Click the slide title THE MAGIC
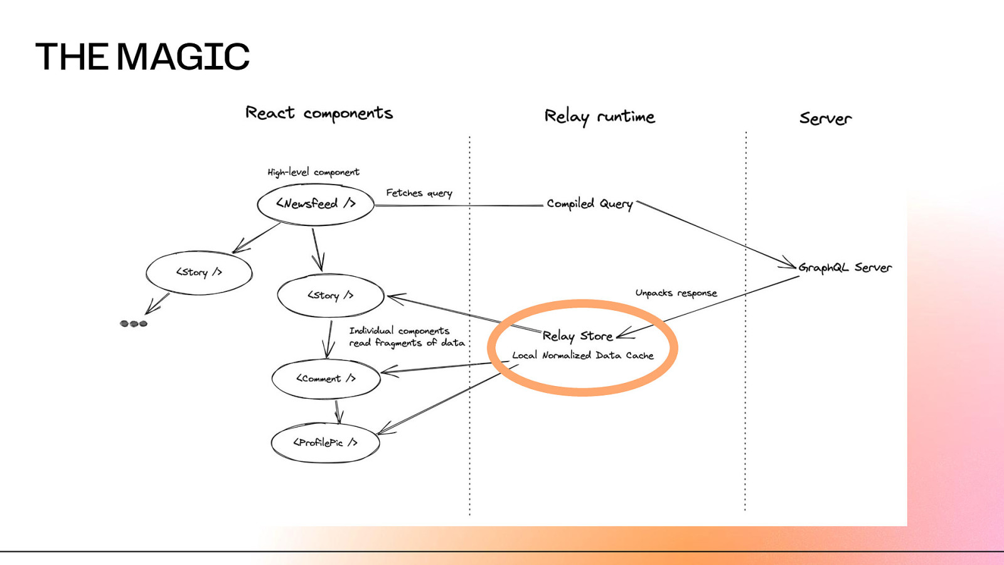click(x=142, y=56)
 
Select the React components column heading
click(x=319, y=114)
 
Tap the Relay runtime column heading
click(x=599, y=117)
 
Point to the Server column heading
click(x=825, y=119)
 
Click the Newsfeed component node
click(x=316, y=204)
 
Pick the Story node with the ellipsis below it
click(x=199, y=272)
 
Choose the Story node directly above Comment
click(x=330, y=296)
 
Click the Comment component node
click(x=326, y=379)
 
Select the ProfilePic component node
click(x=325, y=443)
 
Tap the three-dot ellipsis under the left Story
click(x=134, y=324)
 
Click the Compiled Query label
click(x=589, y=204)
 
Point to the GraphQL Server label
click(x=845, y=268)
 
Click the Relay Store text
click(x=577, y=336)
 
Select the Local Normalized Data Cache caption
click(x=582, y=355)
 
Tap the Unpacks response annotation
click(x=676, y=293)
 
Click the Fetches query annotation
click(x=419, y=193)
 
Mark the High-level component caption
click(x=313, y=172)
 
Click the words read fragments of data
click(x=407, y=343)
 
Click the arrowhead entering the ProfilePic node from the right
click(x=383, y=430)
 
